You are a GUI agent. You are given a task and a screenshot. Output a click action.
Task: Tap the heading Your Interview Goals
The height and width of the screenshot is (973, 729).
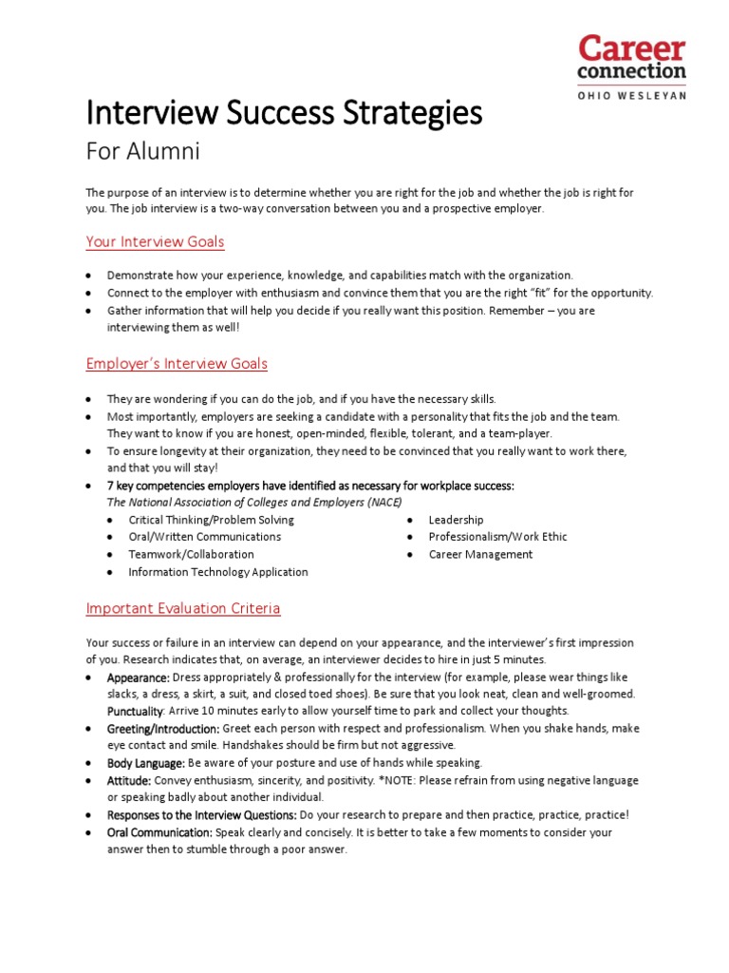click(x=156, y=242)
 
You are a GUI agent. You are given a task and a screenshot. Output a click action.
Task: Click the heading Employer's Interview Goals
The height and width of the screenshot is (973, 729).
click(x=177, y=364)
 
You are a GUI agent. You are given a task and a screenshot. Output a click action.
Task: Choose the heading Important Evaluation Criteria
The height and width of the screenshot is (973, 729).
click(x=183, y=608)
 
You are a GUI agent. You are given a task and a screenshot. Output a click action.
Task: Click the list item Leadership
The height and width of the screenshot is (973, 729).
click(x=456, y=520)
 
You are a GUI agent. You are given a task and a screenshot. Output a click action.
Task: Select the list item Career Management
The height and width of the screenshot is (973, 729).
click(x=480, y=554)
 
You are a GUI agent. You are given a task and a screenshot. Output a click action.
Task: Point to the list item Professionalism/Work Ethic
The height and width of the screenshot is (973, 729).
click(x=497, y=537)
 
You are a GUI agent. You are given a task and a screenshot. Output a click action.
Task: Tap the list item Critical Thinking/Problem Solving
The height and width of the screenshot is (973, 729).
click(x=212, y=520)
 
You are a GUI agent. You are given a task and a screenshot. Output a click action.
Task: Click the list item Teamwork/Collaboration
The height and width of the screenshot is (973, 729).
click(x=192, y=554)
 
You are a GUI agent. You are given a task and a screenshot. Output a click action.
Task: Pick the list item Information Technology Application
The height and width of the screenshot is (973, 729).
click(x=218, y=572)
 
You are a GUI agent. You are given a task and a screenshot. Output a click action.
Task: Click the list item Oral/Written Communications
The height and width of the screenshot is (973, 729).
click(x=205, y=537)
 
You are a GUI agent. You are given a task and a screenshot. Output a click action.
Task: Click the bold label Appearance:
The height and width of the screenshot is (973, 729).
click(x=139, y=677)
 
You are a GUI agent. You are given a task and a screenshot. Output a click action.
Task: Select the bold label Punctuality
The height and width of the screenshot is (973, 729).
click(x=136, y=711)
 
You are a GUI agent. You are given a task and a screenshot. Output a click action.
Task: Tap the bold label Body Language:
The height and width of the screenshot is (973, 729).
click(x=146, y=763)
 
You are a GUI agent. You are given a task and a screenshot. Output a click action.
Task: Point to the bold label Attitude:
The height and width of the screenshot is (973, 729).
click(x=129, y=780)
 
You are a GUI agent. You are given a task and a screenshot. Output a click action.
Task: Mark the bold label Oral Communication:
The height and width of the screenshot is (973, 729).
click(x=159, y=832)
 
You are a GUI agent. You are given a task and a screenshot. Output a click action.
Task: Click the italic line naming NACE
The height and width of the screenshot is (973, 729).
click(x=253, y=503)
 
